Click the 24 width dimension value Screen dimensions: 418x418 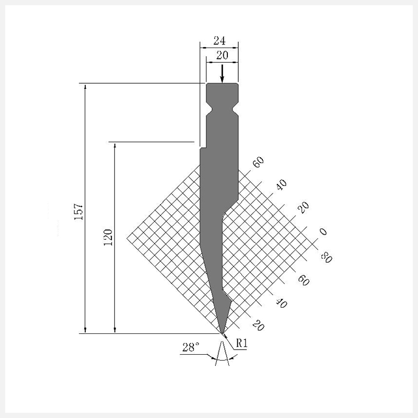(x=219, y=41)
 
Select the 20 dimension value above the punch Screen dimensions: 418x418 (x=223, y=55)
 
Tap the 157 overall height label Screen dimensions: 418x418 (x=79, y=212)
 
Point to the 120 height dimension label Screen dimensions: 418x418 (x=108, y=237)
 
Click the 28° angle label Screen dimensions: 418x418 (x=191, y=347)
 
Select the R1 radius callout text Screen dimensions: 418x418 (x=242, y=343)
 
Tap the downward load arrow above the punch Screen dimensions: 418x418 (x=222, y=74)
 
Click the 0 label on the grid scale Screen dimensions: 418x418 (x=323, y=231)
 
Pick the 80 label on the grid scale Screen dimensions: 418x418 (x=326, y=258)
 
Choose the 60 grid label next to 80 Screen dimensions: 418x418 (x=304, y=280)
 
